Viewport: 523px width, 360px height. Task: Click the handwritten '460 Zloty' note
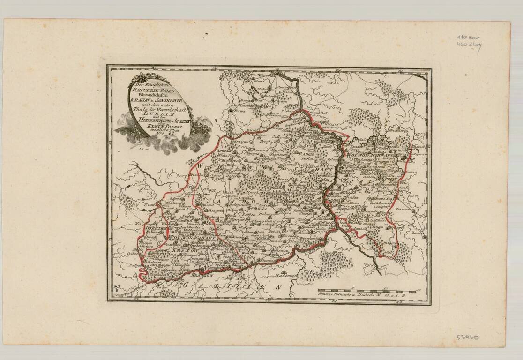469,45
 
